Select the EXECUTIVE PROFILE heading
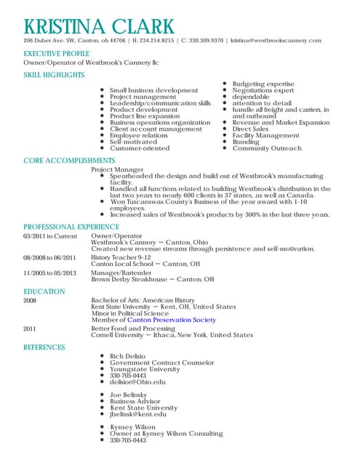(x=55, y=54)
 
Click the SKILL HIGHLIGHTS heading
(x=53, y=75)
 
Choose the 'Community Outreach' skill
(x=266, y=148)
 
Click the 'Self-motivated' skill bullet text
(x=134, y=142)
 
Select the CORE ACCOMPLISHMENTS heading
(x=69, y=160)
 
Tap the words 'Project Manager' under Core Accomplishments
(x=117, y=169)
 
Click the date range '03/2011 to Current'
(x=49, y=236)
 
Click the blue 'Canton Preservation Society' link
(x=173, y=320)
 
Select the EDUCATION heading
(x=44, y=291)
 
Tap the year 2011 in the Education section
(x=30, y=328)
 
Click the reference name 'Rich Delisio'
(x=127, y=356)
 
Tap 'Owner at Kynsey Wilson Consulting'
(x=166, y=434)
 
